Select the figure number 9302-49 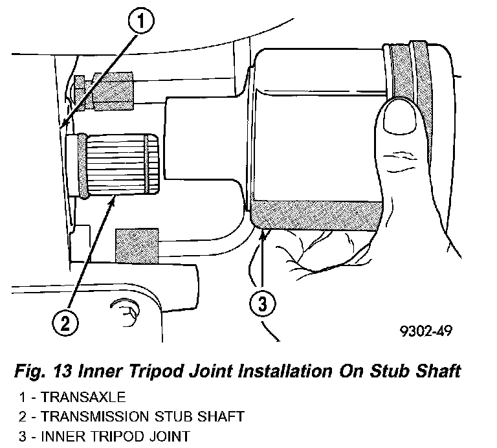coord(425,331)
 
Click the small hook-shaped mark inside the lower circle coord(127,312)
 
